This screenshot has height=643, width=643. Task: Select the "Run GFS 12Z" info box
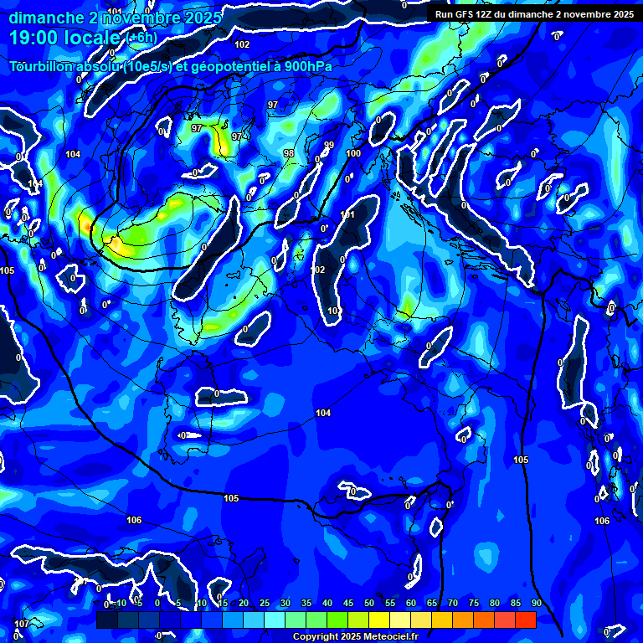pyautogui.click(x=534, y=14)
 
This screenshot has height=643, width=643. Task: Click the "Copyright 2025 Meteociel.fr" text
pyautogui.click(x=355, y=636)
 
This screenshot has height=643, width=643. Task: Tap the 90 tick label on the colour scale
pyautogui.click(x=536, y=604)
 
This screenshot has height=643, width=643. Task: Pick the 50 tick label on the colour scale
pyautogui.click(x=369, y=604)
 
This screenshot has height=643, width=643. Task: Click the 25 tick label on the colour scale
pyautogui.click(x=265, y=604)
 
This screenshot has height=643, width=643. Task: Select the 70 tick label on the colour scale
pyautogui.click(x=453, y=604)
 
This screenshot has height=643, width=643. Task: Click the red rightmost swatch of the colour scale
pyautogui.click(x=525, y=620)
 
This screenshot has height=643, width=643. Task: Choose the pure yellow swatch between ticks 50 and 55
pyautogui.click(x=379, y=620)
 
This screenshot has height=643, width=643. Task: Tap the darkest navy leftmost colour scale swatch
pyautogui.click(x=106, y=620)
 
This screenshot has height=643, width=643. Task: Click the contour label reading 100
pyautogui.click(x=353, y=153)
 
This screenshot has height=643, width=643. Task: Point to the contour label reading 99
pyautogui.click(x=329, y=146)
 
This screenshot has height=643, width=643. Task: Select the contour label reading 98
pyautogui.click(x=289, y=153)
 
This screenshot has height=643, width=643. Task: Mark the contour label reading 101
pyautogui.click(x=347, y=215)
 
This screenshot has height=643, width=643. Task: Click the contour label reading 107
pyautogui.click(x=23, y=624)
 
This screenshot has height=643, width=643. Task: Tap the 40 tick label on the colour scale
pyautogui.click(x=327, y=604)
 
